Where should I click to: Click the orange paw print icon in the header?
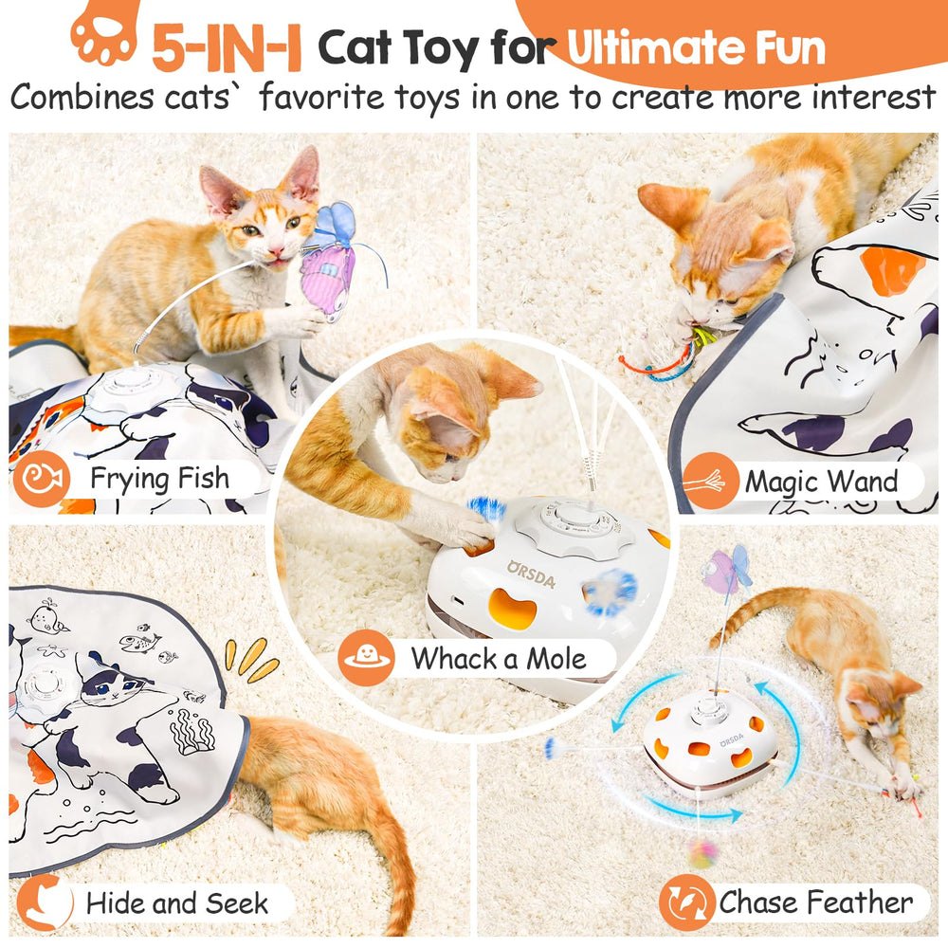[103, 35]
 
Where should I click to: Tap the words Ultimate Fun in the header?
[695, 47]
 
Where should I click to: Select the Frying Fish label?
[158, 479]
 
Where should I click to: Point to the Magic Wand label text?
[821, 482]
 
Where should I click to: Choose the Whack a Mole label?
[499, 657]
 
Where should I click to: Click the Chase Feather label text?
[815, 902]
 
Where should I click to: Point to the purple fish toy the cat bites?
[327, 270]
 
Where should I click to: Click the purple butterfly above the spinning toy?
[725, 572]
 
